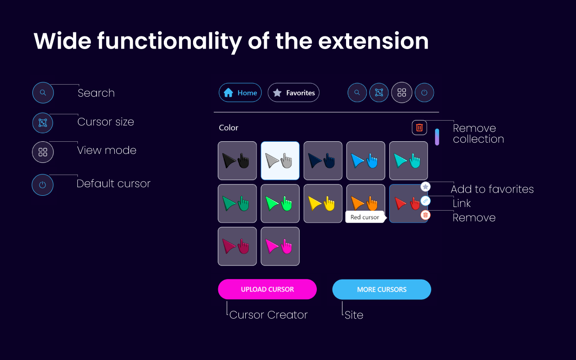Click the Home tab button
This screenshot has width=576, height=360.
pyautogui.click(x=240, y=93)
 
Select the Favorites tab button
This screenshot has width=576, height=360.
pyautogui.click(x=293, y=93)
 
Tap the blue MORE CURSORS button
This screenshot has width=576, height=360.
pyautogui.click(x=382, y=289)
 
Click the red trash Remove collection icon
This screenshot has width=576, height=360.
pyautogui.click(x=419, y=128)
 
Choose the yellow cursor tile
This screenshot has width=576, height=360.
pyautogui.click(x=323, y=203)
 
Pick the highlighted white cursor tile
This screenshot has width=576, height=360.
pyautogui.click(x=280, y=161)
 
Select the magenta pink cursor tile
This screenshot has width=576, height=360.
pyautogui.click(x=280, y=246)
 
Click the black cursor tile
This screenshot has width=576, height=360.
pyautogui.click(x=237, y=161)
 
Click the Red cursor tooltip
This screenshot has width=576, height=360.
pyautogui.click(x=365, y=217)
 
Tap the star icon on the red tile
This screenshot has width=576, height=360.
pyautogui.click(x=425, y=186)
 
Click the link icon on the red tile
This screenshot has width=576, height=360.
pyautogui.click(x=425, y=201)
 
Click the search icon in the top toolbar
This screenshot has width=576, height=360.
pyautogui.click(x=357, y=93)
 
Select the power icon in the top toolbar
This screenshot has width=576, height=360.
pyautogui.click(x=424, y=93)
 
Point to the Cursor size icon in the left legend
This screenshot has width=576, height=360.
pyautogui.click(x=43, y=123)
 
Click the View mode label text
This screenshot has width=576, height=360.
pyautogui.click(x=107, y=150)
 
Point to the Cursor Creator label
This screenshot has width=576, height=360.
pyautogui.click(x=268, y=315)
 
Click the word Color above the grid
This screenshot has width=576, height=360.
pyautogui.click(x=229, y=128)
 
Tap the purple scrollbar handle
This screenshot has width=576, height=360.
pyautogui.click(x=437, y=137)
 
